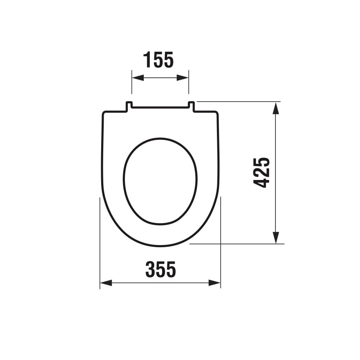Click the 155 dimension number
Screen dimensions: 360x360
coord(158,61)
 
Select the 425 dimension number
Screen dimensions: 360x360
coord(262,173)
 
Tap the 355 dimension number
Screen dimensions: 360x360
coord(161,270)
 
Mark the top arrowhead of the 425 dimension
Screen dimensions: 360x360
coord(276,107)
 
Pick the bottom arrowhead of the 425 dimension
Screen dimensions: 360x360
coord(276,238)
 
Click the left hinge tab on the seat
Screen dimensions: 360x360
coord(129,106)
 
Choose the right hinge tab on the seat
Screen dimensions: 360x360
coord(191,106)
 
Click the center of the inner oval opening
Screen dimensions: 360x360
coord(160,181)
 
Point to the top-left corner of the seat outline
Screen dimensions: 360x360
coord(104,113)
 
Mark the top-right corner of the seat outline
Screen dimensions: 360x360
coord(216,113)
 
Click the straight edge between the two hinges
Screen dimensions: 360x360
coord(160,108)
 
